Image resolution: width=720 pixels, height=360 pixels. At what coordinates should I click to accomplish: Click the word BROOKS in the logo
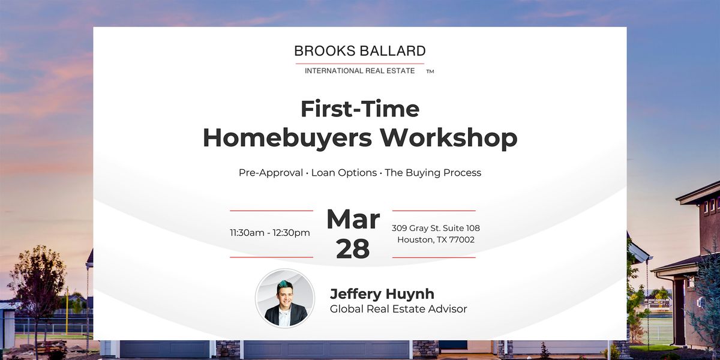325,51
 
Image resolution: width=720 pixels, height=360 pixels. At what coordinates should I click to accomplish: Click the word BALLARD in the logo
393,51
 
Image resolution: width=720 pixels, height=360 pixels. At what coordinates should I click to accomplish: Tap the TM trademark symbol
430,71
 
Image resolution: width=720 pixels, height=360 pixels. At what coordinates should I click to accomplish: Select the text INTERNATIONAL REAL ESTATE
359,71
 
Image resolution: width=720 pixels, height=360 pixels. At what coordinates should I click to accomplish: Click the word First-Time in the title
360,109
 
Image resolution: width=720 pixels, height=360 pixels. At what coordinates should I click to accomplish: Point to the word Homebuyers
287,138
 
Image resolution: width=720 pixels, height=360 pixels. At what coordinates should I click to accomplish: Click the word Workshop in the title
449,138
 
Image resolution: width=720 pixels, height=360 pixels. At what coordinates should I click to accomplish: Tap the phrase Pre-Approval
271,173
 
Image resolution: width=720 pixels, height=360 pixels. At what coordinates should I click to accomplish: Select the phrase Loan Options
344,173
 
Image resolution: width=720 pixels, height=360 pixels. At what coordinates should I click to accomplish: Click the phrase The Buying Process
433,173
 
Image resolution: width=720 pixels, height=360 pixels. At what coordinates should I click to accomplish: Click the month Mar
353,219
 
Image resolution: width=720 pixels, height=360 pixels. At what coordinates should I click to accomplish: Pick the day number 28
353,249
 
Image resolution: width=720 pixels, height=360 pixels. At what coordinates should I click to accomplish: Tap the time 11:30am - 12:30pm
270,233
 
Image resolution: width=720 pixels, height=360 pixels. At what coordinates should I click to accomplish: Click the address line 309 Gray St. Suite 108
436,228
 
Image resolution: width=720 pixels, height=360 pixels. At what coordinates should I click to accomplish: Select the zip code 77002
461,240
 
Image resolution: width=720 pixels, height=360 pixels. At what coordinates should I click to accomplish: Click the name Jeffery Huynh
382,294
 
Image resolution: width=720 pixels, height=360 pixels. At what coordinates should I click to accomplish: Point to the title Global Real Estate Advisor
398,309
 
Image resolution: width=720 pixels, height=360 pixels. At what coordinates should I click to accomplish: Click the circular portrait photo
285,298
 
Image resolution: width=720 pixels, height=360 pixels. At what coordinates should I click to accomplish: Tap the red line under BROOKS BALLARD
359,64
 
